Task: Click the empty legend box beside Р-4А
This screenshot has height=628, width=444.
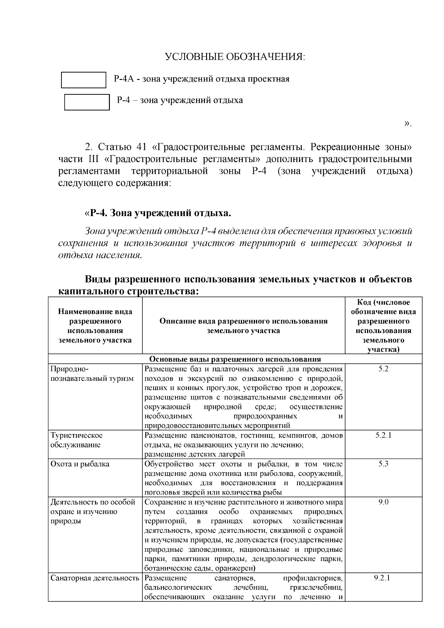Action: click(x=84, y=80)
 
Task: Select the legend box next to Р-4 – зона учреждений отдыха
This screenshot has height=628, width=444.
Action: click(x=87, y=102)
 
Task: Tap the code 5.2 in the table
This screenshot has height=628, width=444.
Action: click(x=383, y=369)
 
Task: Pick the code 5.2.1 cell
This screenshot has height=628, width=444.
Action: click(x=383, y=435)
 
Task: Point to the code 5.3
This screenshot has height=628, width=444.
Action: click(x=383, y=464)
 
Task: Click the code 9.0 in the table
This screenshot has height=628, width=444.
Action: click(x=383, y=502)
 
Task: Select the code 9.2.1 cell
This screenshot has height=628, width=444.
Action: click(x=383, y=578)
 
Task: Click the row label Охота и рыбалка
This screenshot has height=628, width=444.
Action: click(x=80, y=464)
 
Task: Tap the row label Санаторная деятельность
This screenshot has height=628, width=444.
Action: click(x=95, y=578)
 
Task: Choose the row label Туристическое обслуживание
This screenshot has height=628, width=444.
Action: click(x=77, y=440)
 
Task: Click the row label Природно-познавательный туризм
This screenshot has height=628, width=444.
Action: click(x=92, y=374)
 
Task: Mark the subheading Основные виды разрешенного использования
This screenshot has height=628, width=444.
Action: click(x=235, y=359)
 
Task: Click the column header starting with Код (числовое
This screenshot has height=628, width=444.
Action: click(x=383, y=326)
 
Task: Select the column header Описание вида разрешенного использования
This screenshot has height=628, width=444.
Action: click(x=243, y=326)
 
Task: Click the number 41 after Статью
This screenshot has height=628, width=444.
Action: click(x=142, y=147)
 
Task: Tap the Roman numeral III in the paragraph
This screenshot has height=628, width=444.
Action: click(x=90, y=159)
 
